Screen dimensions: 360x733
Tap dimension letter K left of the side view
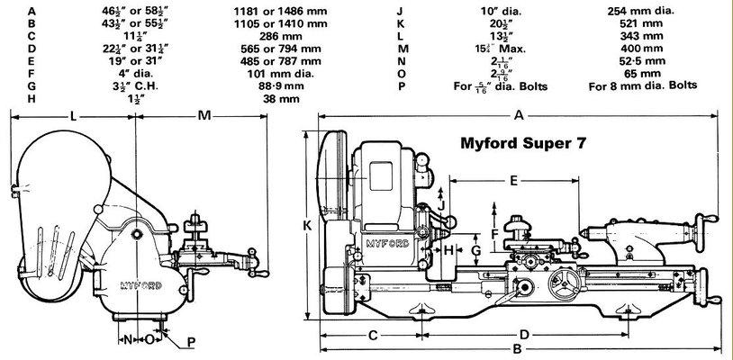point(308,226)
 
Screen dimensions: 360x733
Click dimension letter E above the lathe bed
point(513,181)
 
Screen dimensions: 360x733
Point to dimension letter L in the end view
point(71,115)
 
